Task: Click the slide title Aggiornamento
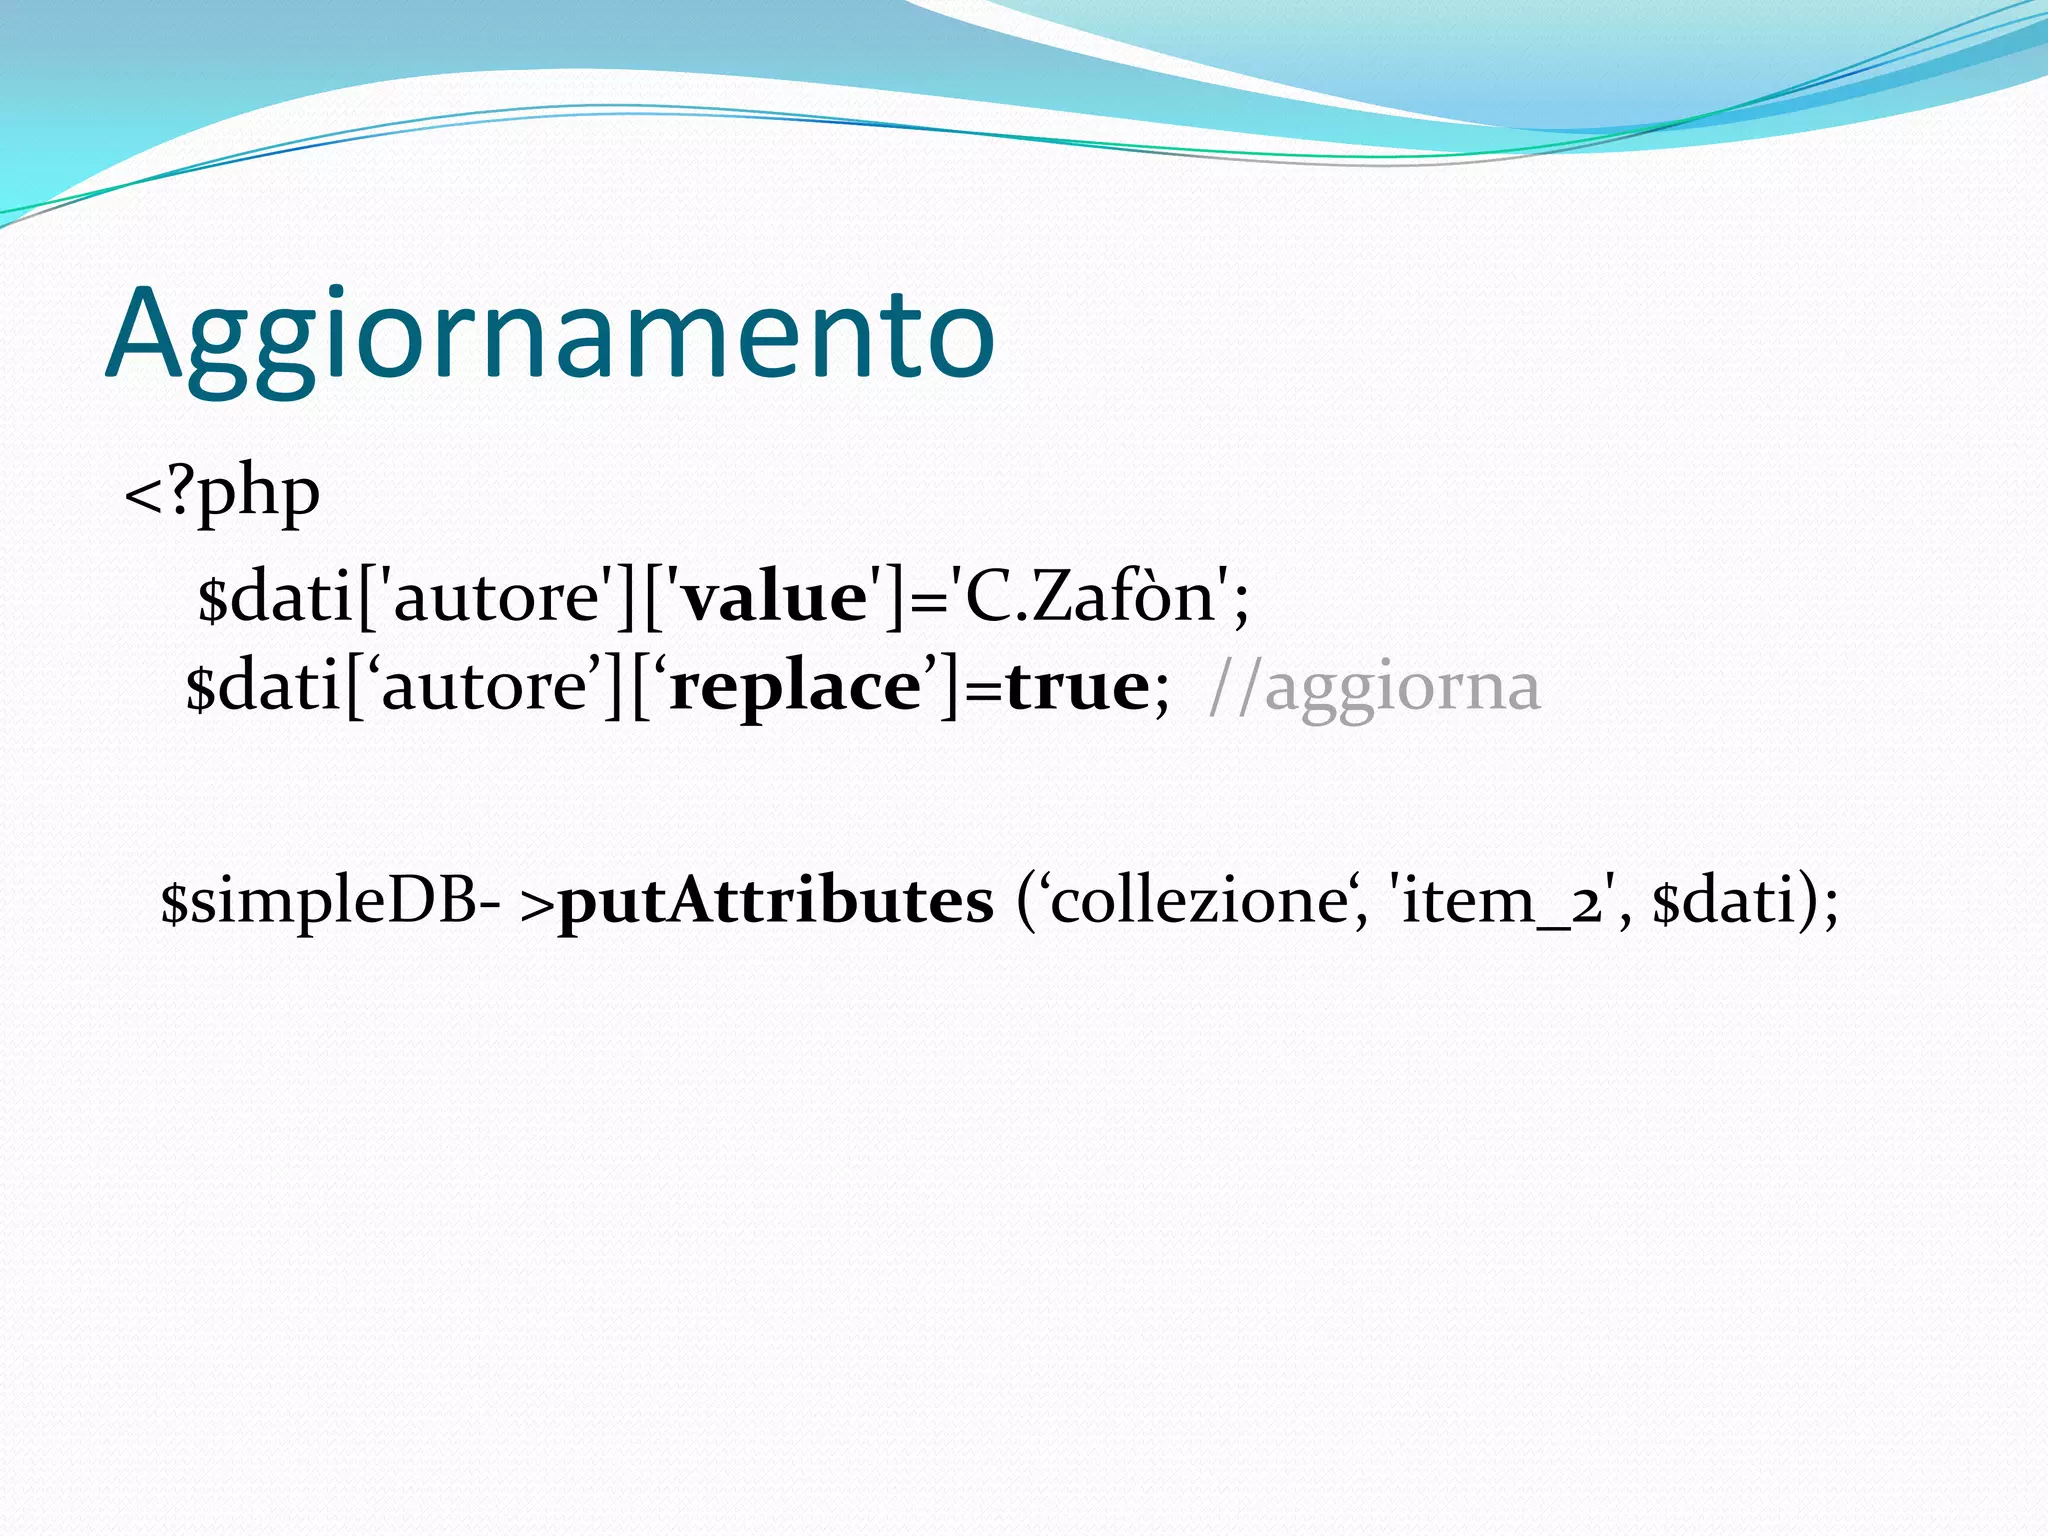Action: click(x=550, y=335)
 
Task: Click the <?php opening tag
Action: click(x=222, y=493)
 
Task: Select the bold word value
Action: click(x=774, y=598)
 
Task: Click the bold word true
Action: click(x=1077, y=688)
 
